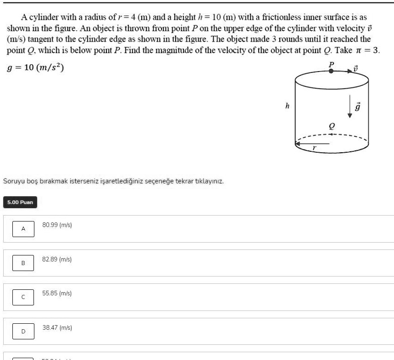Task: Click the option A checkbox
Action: [23, 228]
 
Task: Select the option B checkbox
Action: [23, 263]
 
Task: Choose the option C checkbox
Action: [23, 297]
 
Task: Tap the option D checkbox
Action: [23, 331]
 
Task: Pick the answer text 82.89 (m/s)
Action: [57, 259]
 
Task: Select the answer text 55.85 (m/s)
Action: [57, 293]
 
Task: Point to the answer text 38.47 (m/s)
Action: [57, 327]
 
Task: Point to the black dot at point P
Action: [331, 72]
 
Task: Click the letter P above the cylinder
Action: [332, 64]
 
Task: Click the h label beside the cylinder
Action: [287, 106]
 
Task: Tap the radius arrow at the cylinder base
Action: [312, 143]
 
